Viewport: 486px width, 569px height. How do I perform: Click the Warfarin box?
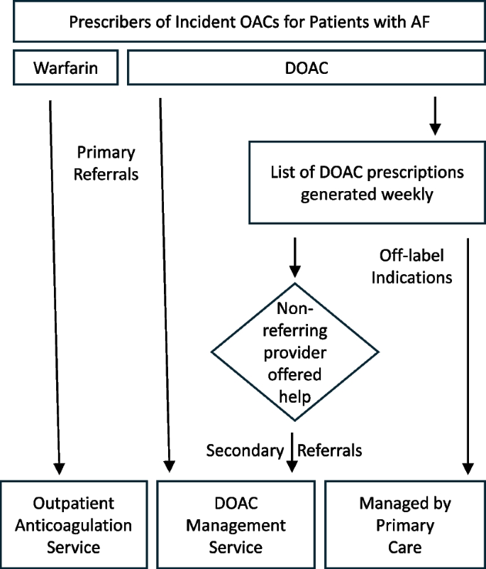(x=65, y=70)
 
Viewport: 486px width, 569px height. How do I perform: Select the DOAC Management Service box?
(x=235, y=525)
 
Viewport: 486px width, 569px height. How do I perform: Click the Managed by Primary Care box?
(x=405, y=525)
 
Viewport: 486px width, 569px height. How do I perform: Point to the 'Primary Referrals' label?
(x=106, y=163)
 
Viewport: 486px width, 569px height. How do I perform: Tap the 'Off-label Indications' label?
(x=412, y=266)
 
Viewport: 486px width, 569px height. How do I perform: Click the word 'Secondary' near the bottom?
(x=245, y=450)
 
